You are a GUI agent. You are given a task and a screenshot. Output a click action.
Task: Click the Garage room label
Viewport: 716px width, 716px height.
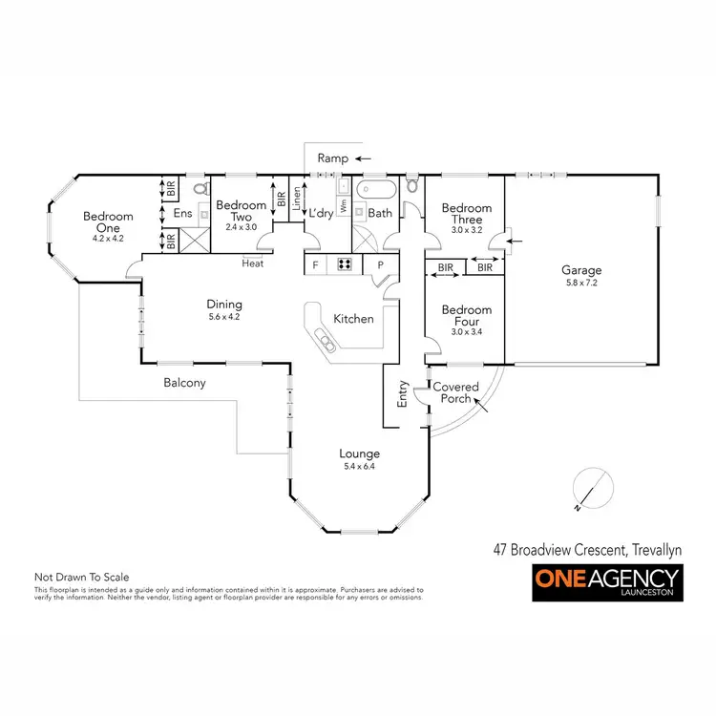(x=581, y=270)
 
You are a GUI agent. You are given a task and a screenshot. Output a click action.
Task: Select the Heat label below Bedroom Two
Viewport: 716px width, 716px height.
(x=253, y=263)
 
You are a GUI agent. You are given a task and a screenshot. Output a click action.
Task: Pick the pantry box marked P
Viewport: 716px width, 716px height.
(x=380, y=264)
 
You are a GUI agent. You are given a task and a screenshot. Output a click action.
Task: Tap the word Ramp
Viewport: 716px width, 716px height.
(x=332, y=158)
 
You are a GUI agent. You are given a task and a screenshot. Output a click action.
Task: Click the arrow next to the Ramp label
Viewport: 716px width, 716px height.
(x=365, y=158)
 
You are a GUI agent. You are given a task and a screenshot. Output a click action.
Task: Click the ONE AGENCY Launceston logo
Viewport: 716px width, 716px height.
(x=606, y=581)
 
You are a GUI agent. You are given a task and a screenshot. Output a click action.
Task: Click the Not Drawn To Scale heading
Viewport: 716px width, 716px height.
(x=81, y=578)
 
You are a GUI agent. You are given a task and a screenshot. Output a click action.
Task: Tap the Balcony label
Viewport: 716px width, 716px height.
(x=183, y=383)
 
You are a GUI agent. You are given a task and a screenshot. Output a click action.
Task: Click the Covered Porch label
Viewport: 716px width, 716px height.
(x=455, y=392)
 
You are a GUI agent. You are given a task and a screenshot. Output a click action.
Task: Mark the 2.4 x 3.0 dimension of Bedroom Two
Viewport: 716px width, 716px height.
(x=241, y=227)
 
